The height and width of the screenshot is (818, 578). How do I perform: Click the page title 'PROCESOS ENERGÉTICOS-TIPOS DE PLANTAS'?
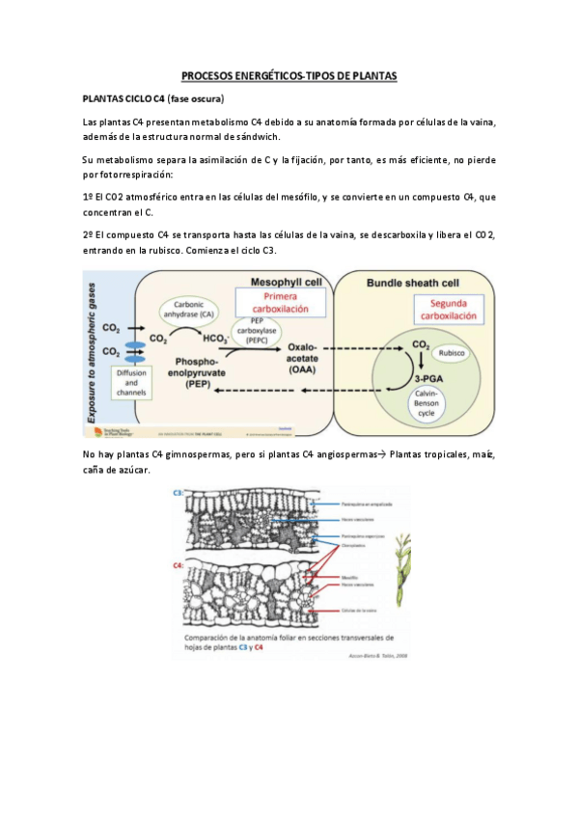(x=289, y=75)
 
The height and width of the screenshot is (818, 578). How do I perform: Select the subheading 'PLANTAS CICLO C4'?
(x=124, y=99)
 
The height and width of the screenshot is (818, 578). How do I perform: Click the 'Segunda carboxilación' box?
(x=446, y=309)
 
